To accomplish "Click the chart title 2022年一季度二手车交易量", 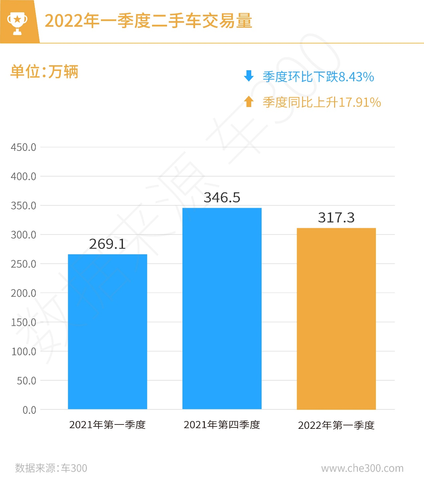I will pos(148,21).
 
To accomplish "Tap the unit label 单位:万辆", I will pos(44,72).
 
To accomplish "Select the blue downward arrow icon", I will pos(249,76).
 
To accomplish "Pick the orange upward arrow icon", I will pos(249,101).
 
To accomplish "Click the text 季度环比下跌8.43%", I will pos(318,77).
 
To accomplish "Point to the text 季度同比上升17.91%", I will pos(322,102).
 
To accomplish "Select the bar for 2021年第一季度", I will pos(108,331).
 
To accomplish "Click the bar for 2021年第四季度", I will pos(222,308).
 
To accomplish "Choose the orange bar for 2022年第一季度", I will pos(336,318).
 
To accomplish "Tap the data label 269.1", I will pos(107,244).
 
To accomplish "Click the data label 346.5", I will pos(222,198).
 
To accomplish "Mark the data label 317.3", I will pos(336,218).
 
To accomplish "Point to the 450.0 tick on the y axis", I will pos(23,147).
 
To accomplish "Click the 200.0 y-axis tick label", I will pos(23,293).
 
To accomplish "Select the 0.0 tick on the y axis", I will pos(29,410).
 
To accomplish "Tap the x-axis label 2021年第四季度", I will pos(222,425).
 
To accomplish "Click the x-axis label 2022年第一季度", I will pos(336,425).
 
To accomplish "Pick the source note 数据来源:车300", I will pos(51,468).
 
